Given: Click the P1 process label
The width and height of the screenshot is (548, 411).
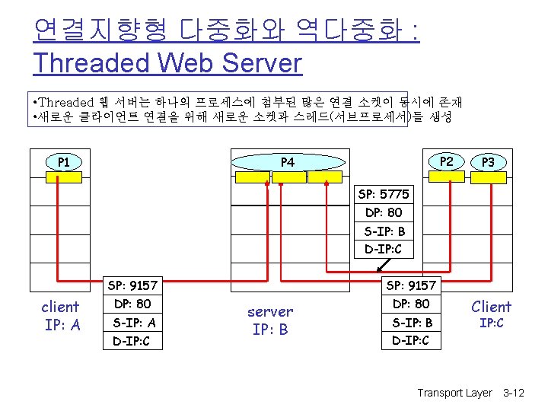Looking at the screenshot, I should [x=64, y=161].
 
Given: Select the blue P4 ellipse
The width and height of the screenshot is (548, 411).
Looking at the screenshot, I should [x=287, y=161].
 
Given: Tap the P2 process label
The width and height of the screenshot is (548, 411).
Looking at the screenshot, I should [x=448, y=161].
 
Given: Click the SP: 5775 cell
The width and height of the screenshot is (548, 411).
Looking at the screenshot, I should [x=384, y=194].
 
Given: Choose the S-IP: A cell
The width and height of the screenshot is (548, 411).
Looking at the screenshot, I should [x=133, y=323].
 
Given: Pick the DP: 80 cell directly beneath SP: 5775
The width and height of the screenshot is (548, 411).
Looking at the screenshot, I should [x=384, y=212].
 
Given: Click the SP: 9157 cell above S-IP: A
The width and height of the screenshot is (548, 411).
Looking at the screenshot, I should [x=133, y=285].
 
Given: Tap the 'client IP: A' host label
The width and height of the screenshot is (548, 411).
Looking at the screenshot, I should [x=60, y=316].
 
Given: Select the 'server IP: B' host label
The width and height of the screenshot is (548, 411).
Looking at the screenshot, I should [x=270, y=320].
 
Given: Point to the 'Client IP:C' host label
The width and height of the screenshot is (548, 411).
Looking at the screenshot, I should [x=492, y=313].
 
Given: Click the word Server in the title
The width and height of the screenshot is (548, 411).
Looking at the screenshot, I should [x=261, y=62].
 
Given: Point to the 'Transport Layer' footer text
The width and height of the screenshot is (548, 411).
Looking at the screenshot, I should [x=454, y=393].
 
